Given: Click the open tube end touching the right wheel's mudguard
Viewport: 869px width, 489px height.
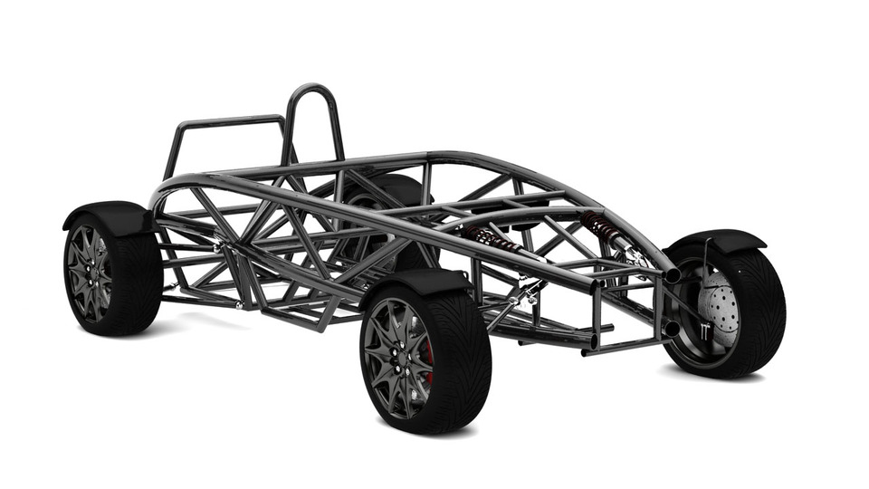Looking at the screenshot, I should pyautogui.click(x=672, y=273).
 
